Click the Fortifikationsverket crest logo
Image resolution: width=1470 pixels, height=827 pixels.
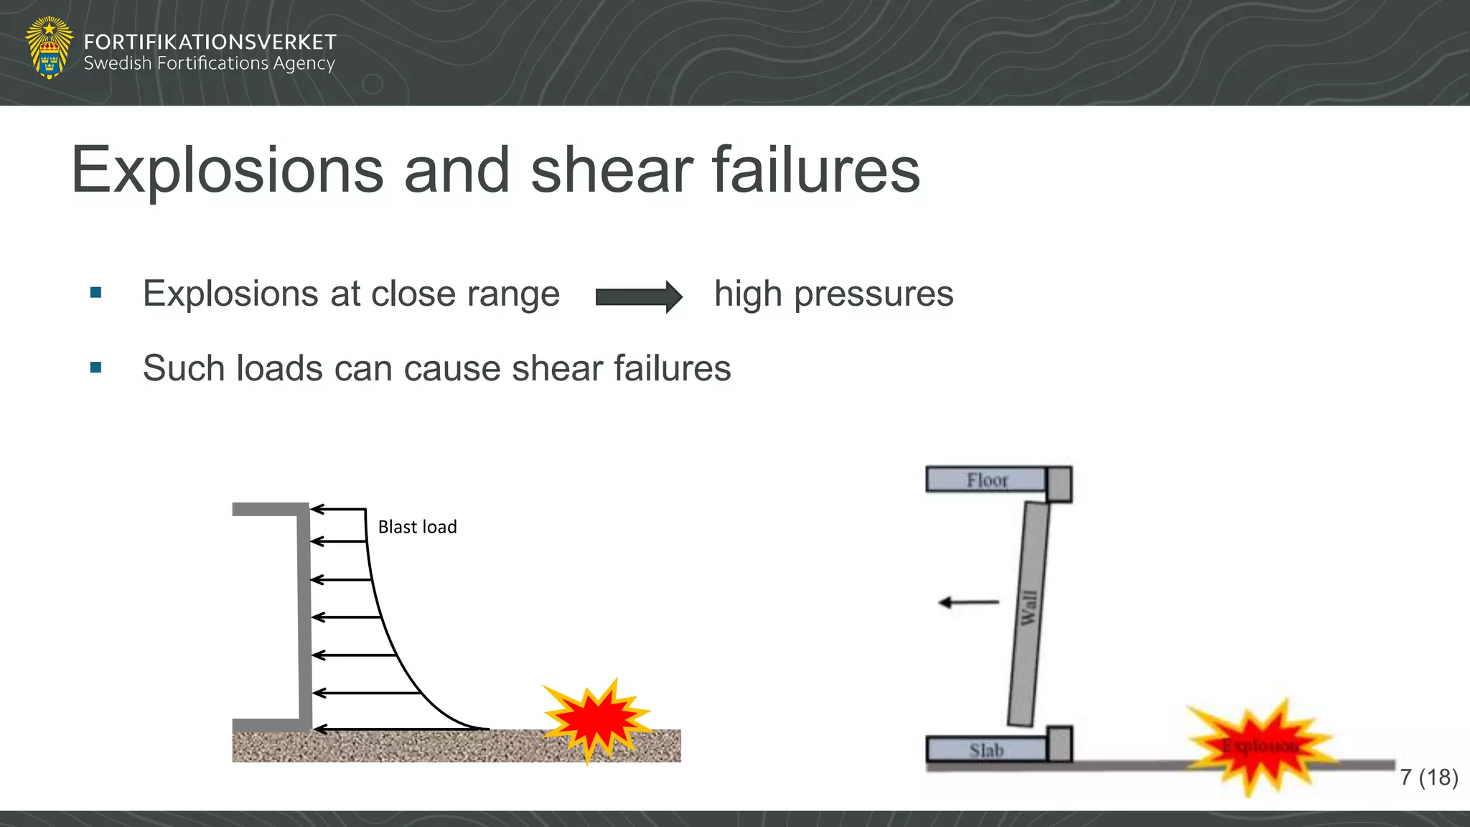[x=49, y=47]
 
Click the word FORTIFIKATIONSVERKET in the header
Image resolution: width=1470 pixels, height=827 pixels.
[x=210, y=42]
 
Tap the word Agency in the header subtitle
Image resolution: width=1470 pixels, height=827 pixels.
[x=304, y=64]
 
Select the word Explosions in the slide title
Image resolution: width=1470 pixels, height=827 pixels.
[x=228, y=170]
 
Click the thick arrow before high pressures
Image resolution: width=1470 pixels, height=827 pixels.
[x=639, y=296]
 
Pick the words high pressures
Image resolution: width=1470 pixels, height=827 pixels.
[x=833, y=294]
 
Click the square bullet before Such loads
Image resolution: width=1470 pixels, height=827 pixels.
[x=96, y=368]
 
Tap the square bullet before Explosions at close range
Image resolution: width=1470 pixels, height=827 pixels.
[x=96, y=293]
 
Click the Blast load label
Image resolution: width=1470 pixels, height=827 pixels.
[x=417, y=527]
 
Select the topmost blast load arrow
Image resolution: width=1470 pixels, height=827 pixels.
[x=339, y=510]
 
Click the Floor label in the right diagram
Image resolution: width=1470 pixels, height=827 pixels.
[x=987, y=480]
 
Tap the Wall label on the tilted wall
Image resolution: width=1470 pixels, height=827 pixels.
[x=1029, y=608]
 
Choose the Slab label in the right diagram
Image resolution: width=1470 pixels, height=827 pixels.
[x=986, y=750]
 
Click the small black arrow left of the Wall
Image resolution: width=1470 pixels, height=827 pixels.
[x=968, y=602]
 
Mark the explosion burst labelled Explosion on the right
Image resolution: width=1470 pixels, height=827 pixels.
[x=1260, y=747]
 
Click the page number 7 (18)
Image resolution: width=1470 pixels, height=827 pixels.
[x=1428, y=777]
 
